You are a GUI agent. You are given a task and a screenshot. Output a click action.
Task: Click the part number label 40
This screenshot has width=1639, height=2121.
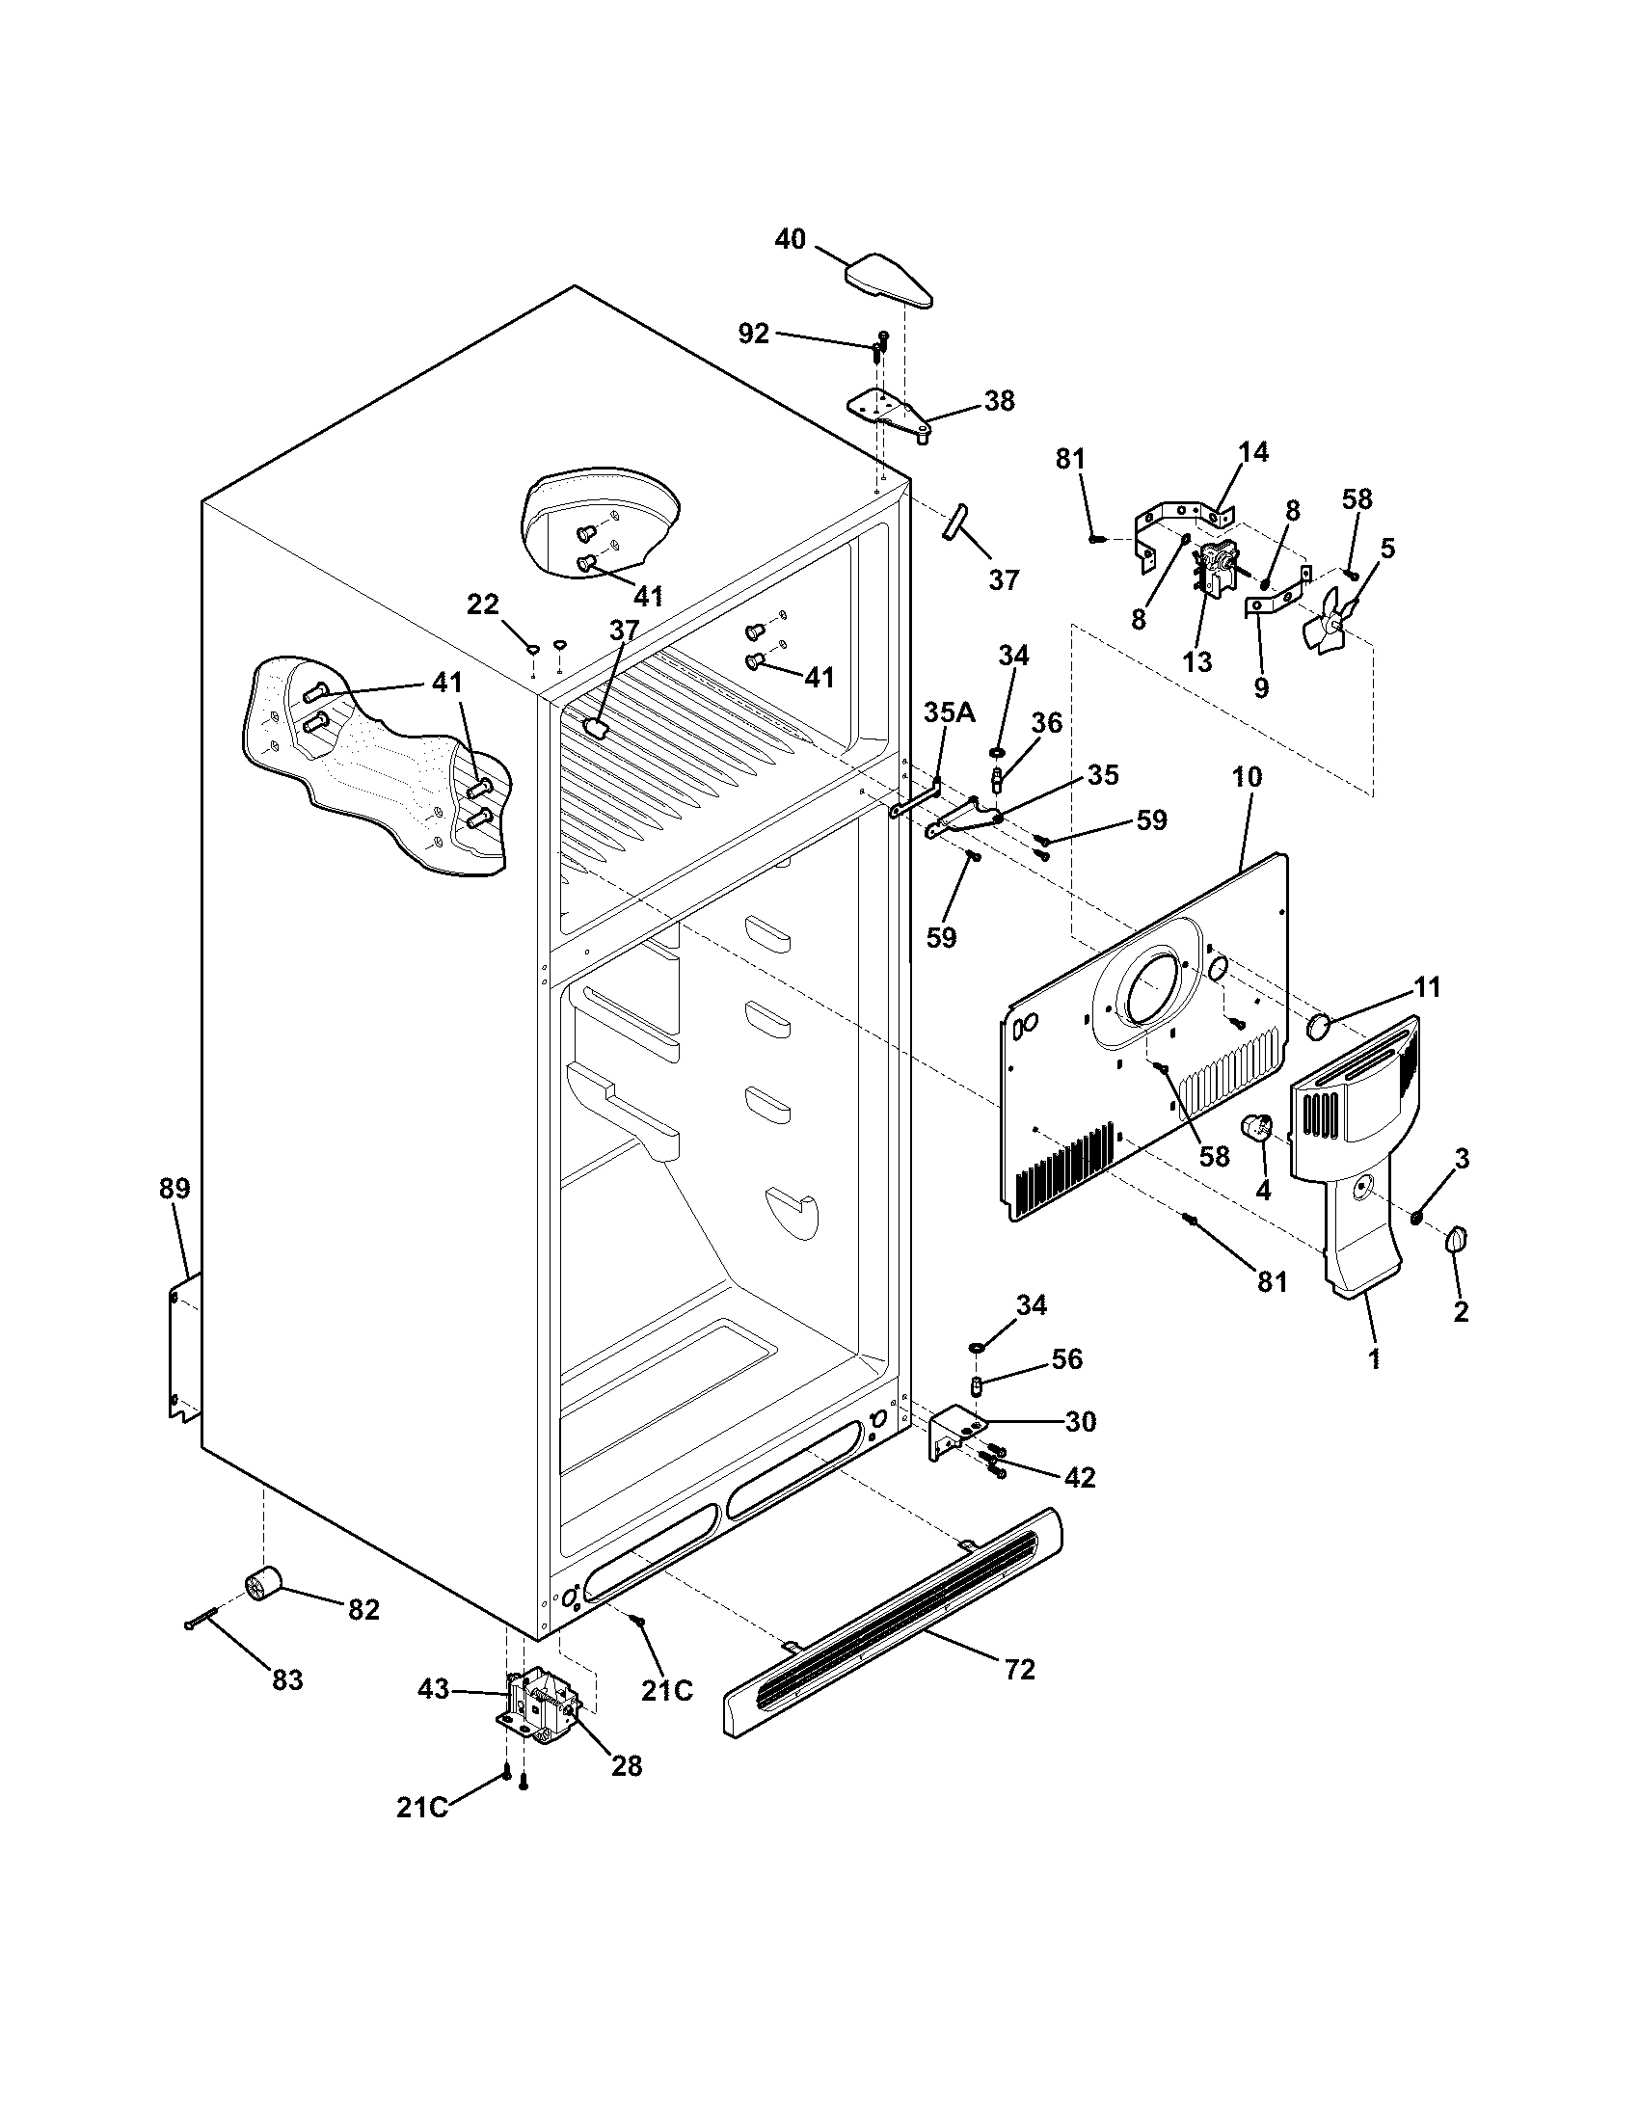point(791,238)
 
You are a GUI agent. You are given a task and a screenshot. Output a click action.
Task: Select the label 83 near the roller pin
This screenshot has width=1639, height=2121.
point(287,1679)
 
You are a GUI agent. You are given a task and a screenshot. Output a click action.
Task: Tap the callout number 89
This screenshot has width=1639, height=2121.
point(175,1188)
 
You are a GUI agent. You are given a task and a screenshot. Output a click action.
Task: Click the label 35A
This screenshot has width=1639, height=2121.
point(949,711)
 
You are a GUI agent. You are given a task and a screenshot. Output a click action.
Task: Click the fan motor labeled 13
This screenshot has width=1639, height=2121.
point(1215,569)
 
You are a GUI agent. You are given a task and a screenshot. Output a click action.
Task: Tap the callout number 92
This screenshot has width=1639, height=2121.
point(754,334)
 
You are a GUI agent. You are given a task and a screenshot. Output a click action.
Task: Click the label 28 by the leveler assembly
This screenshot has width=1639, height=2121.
point(628,1765)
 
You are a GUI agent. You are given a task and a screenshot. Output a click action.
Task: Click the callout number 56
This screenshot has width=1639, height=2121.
point(1066,1358)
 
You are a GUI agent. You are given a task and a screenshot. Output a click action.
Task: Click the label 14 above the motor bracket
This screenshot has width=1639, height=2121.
point(1253,451)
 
